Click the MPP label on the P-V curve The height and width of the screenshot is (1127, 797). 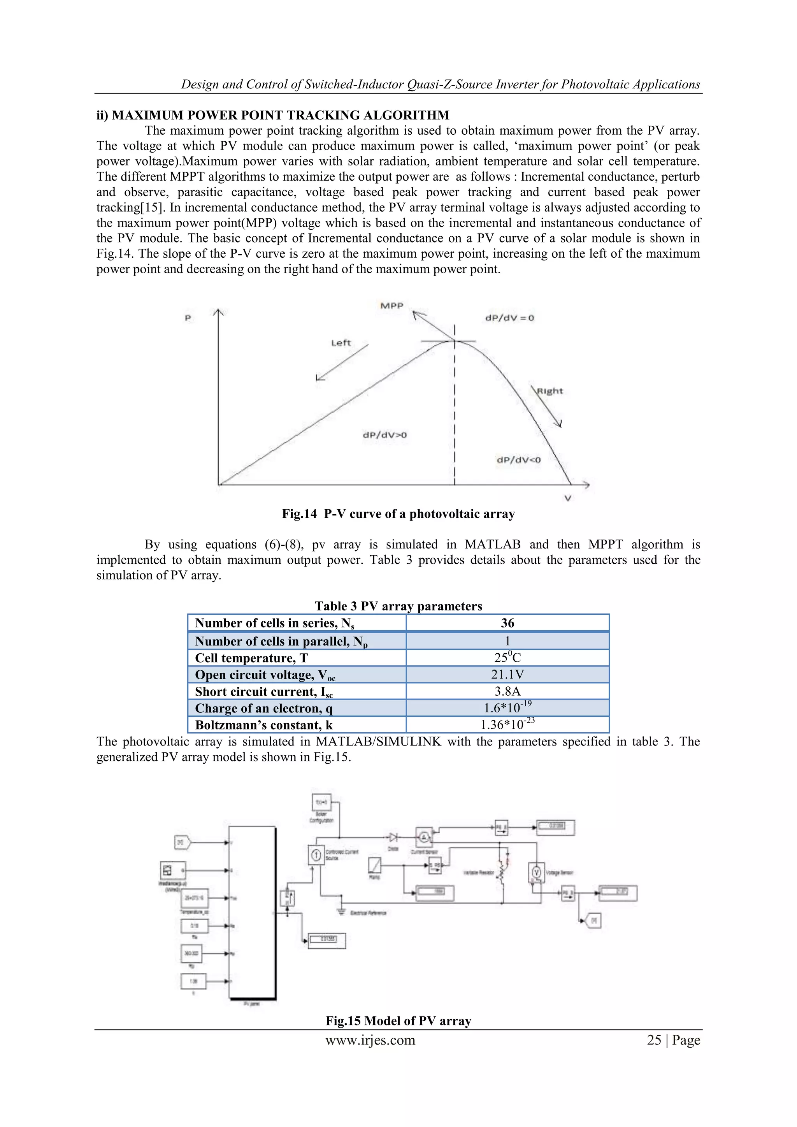coord(391,306)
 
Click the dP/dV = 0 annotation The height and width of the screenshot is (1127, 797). coord(509,318)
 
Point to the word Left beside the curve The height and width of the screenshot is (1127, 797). coord(341,343)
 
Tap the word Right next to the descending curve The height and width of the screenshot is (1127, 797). coord(549,391)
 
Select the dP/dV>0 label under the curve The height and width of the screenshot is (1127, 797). coord(385,435)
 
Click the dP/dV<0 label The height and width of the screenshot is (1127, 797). coord(519,460)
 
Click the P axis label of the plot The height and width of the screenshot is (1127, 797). coord(188,318)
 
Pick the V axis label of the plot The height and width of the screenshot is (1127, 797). coord(568,499)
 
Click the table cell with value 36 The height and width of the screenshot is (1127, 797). coord(507,623)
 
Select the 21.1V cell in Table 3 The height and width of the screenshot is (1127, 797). coord(507,674)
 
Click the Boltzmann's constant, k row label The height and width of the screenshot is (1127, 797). coord(264,725)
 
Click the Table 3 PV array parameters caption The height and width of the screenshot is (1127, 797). coord(398,606)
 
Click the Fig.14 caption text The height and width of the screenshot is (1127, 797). coord(398,514)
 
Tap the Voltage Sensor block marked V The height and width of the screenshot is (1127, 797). coord(536,872)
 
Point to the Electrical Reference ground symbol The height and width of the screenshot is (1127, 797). coord(341,911)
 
